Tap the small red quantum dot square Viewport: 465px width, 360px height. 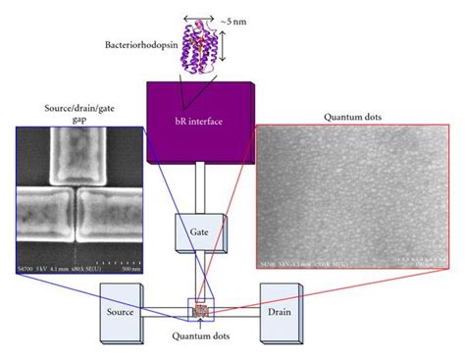click(203, 310)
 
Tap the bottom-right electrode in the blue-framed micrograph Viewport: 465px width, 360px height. click(111, 225)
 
